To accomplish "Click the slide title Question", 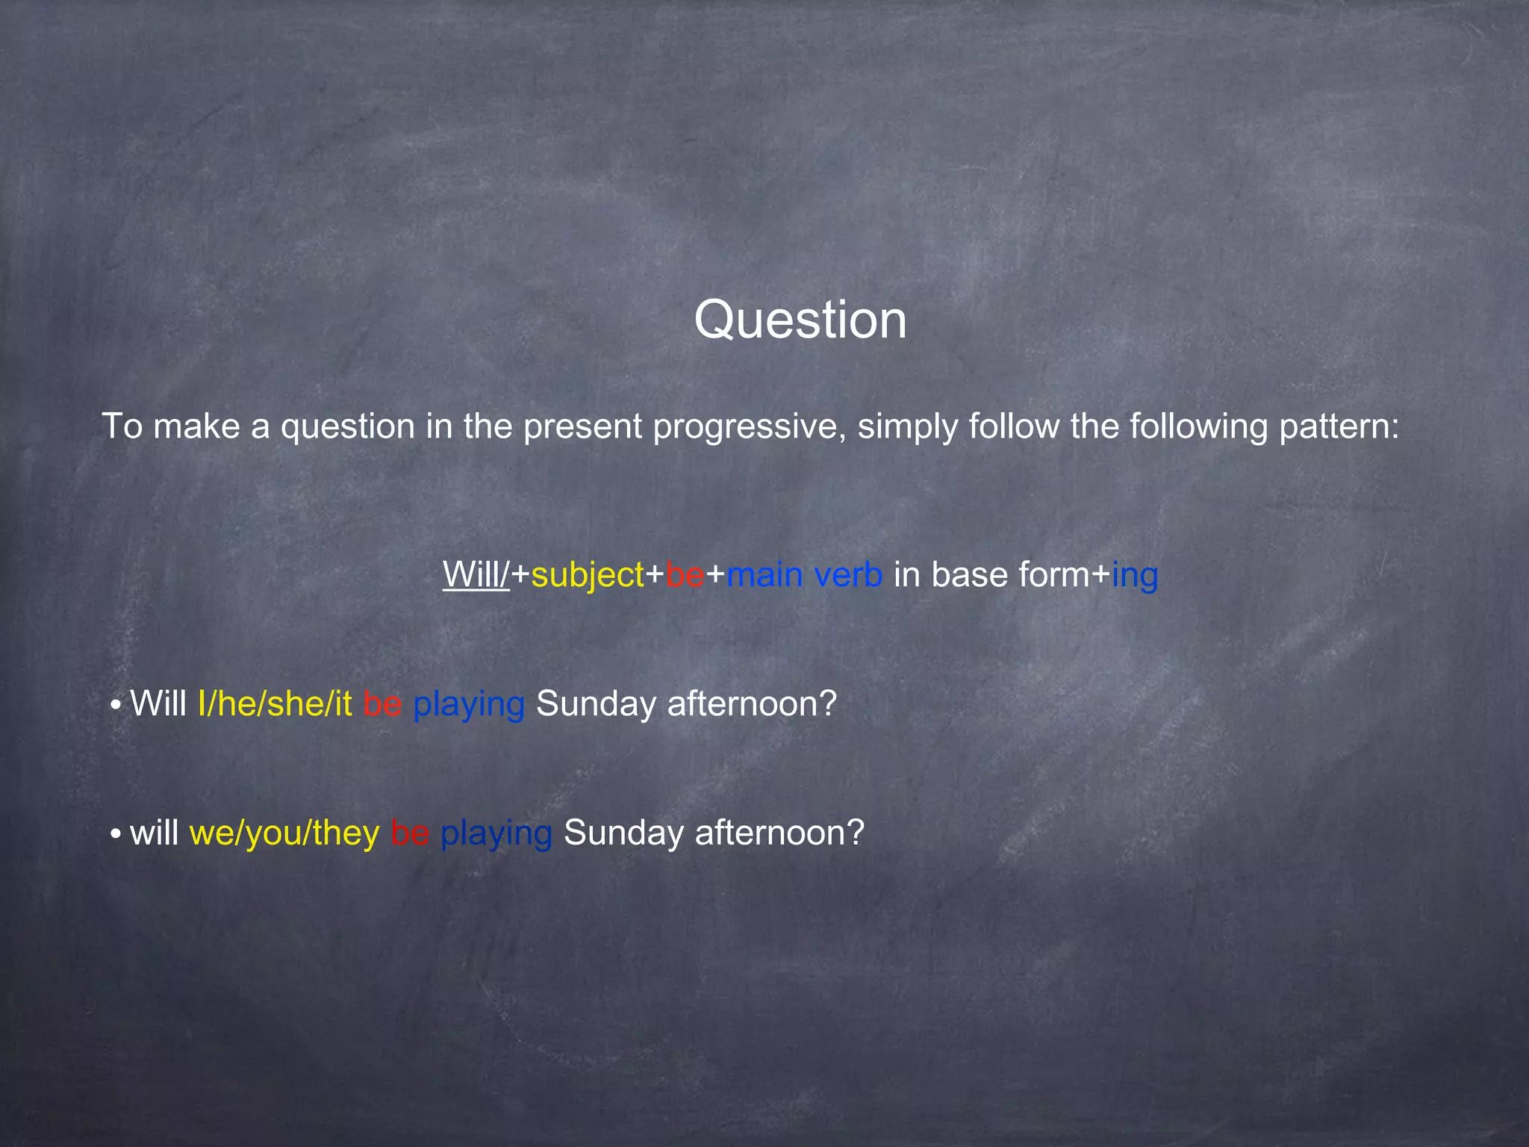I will pyautogui.click(x=800, y=320).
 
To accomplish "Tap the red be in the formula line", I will pyautogui.click(x=685, y=574).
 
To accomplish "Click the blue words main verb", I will pyautogui.click(x=804, y=574).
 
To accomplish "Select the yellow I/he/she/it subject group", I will pyautogui.click(x=275, y=703).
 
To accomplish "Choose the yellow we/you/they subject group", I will pyautogui.click(x=284, y=833).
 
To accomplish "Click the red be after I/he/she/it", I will pyautogui.click(x=382, y=703).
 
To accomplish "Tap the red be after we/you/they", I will pyautogui.click(x=410, y=833).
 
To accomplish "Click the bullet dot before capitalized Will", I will pyautogui.click(x=116, y=706).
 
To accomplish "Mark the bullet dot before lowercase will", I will pyautogui.click(x=116, y=835).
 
